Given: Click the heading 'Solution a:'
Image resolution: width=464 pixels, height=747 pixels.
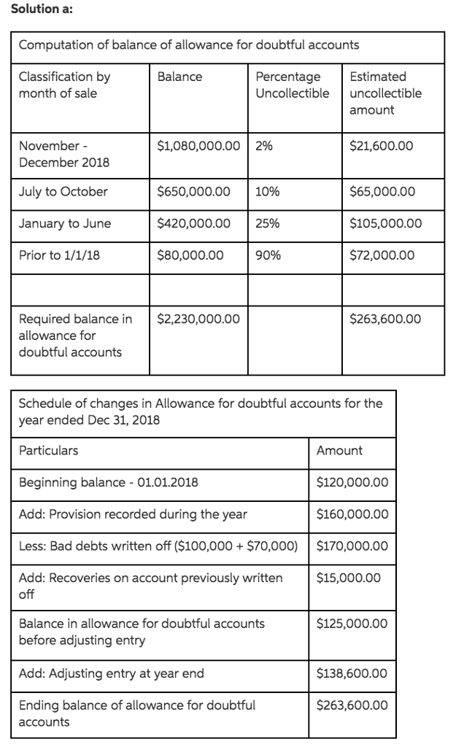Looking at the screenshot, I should coord(31,8).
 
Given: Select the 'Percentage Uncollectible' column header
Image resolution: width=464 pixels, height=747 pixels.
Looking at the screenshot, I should coord(292,85).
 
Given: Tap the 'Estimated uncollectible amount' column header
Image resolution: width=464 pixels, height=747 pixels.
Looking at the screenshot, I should coord(385,93).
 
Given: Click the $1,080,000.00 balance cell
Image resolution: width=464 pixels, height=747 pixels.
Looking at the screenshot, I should coord(198,145).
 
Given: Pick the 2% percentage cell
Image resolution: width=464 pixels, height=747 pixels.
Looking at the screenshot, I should coord(264,145).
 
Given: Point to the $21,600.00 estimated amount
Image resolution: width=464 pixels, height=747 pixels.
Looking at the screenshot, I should coord(382,145).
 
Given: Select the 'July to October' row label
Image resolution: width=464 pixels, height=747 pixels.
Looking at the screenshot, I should coord(63,192).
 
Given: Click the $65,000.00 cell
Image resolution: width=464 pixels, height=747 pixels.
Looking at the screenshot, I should coord(382,192).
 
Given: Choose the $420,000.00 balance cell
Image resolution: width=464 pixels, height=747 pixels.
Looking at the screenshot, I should coord(194,224).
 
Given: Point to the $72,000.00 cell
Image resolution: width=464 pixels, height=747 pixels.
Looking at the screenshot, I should coord(382,255).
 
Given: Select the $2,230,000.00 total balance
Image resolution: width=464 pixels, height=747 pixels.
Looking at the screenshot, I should coord(198,319).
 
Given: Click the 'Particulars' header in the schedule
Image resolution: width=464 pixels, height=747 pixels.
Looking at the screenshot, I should coord(48,451).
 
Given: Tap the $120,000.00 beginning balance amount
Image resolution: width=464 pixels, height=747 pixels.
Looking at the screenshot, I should coord(352,483).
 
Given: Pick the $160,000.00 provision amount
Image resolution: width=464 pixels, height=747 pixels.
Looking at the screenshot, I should coord(352,514).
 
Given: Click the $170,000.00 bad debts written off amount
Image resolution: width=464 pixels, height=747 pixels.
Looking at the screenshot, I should coord(352,546).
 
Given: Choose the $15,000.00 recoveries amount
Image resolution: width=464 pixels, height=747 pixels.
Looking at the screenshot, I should coord(349,578).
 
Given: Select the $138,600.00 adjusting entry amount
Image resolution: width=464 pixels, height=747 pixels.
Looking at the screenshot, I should coord(352,673).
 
